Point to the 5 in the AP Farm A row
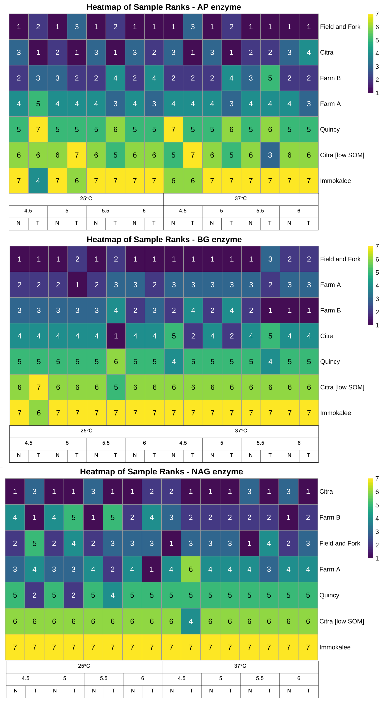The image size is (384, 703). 38,103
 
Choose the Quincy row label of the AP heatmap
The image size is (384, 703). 330,129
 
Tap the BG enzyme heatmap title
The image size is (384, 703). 164,239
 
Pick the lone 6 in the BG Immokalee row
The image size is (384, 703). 39,413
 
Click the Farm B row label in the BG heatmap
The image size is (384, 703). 330,310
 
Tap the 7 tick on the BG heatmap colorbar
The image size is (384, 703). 377,246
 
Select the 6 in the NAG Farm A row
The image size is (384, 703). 191,569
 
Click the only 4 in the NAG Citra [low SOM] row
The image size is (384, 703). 191,621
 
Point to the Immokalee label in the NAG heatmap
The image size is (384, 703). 335,647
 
